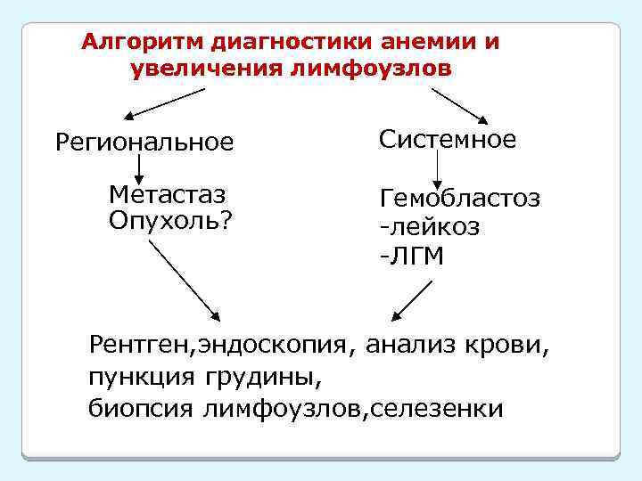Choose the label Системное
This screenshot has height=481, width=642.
[447, 139]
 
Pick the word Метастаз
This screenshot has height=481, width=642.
[166, 194]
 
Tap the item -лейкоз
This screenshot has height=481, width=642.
[429, 227]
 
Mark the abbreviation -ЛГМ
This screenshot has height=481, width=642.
[411, 257]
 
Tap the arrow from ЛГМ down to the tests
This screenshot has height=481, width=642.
[413, 300]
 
